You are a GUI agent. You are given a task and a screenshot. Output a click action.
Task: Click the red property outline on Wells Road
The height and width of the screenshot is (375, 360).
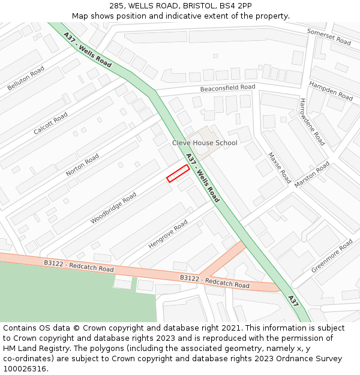pos(178,173)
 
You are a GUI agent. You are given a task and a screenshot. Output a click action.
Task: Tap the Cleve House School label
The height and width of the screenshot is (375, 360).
pos(205,143)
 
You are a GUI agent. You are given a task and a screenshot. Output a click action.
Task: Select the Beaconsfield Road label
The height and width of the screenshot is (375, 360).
pos(227,88)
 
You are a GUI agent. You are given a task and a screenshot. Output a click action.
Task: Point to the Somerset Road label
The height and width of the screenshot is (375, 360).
pos(329,37)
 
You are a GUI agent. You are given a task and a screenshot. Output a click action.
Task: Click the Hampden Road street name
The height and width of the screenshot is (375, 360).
pos(331,91)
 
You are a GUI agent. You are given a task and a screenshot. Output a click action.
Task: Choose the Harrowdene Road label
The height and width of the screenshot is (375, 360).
pos(312,122)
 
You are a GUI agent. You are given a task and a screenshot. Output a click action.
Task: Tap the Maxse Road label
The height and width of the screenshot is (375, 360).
pos(279,167)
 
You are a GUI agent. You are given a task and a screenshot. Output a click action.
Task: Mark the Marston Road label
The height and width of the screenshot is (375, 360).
pos(312,175)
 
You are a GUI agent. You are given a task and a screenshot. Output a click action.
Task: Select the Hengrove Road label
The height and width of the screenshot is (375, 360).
pos(168,235)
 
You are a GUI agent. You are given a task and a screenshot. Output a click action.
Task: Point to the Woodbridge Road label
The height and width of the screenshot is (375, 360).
pos(113,208)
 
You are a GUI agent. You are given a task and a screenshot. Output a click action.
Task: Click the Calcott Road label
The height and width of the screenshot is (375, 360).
pos(50,123)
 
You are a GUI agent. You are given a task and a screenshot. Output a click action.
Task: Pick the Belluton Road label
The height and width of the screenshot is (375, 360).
pos(26,79)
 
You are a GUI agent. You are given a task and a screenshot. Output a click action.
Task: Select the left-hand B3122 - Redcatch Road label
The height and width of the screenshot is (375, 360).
pos(79,266)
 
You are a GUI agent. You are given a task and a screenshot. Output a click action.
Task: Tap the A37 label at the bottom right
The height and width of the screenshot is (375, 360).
pos(293,301)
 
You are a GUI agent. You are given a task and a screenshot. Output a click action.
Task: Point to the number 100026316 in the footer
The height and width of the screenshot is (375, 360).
pos(26,368)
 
